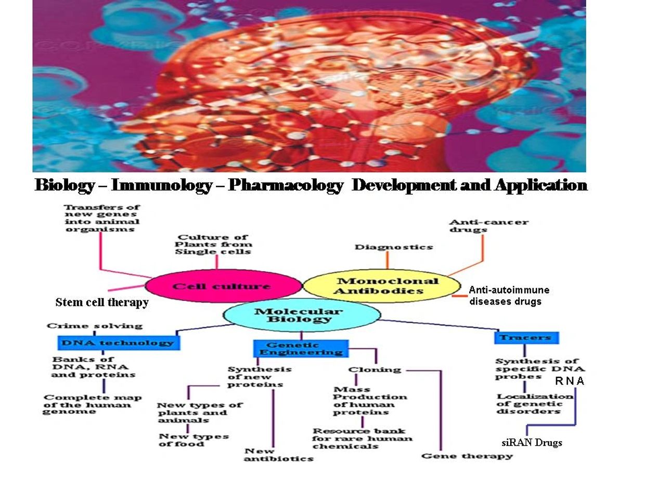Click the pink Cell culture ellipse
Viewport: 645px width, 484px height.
tap(223, 286)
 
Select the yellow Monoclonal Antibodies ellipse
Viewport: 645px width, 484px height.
tap(381, 286)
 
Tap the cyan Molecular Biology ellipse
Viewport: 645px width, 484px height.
tap(301, 315)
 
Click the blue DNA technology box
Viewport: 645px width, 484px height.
tap(118, 342)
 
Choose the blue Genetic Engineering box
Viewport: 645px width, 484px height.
tap(301, 349)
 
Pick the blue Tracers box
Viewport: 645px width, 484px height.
tap(526, 338)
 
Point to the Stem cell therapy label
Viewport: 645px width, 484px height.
tap(102, 302)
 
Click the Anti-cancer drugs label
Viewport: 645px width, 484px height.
tap(488, 226)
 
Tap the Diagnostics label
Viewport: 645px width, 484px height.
tap(394, 247)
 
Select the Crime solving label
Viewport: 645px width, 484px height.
tap(94, 326)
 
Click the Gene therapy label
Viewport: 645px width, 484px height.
tap(467, 456)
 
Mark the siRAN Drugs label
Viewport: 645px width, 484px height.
tap(532, 443)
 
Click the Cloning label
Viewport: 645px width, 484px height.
tap(375, 370)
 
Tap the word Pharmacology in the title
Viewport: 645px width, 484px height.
tap(286, 185)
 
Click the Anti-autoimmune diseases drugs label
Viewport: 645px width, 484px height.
tap(509, 296)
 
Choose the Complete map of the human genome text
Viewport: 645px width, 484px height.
tap(93, 404)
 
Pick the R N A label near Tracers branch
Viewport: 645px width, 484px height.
tap(570, 381)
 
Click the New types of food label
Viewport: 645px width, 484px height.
tap(193, 440)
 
